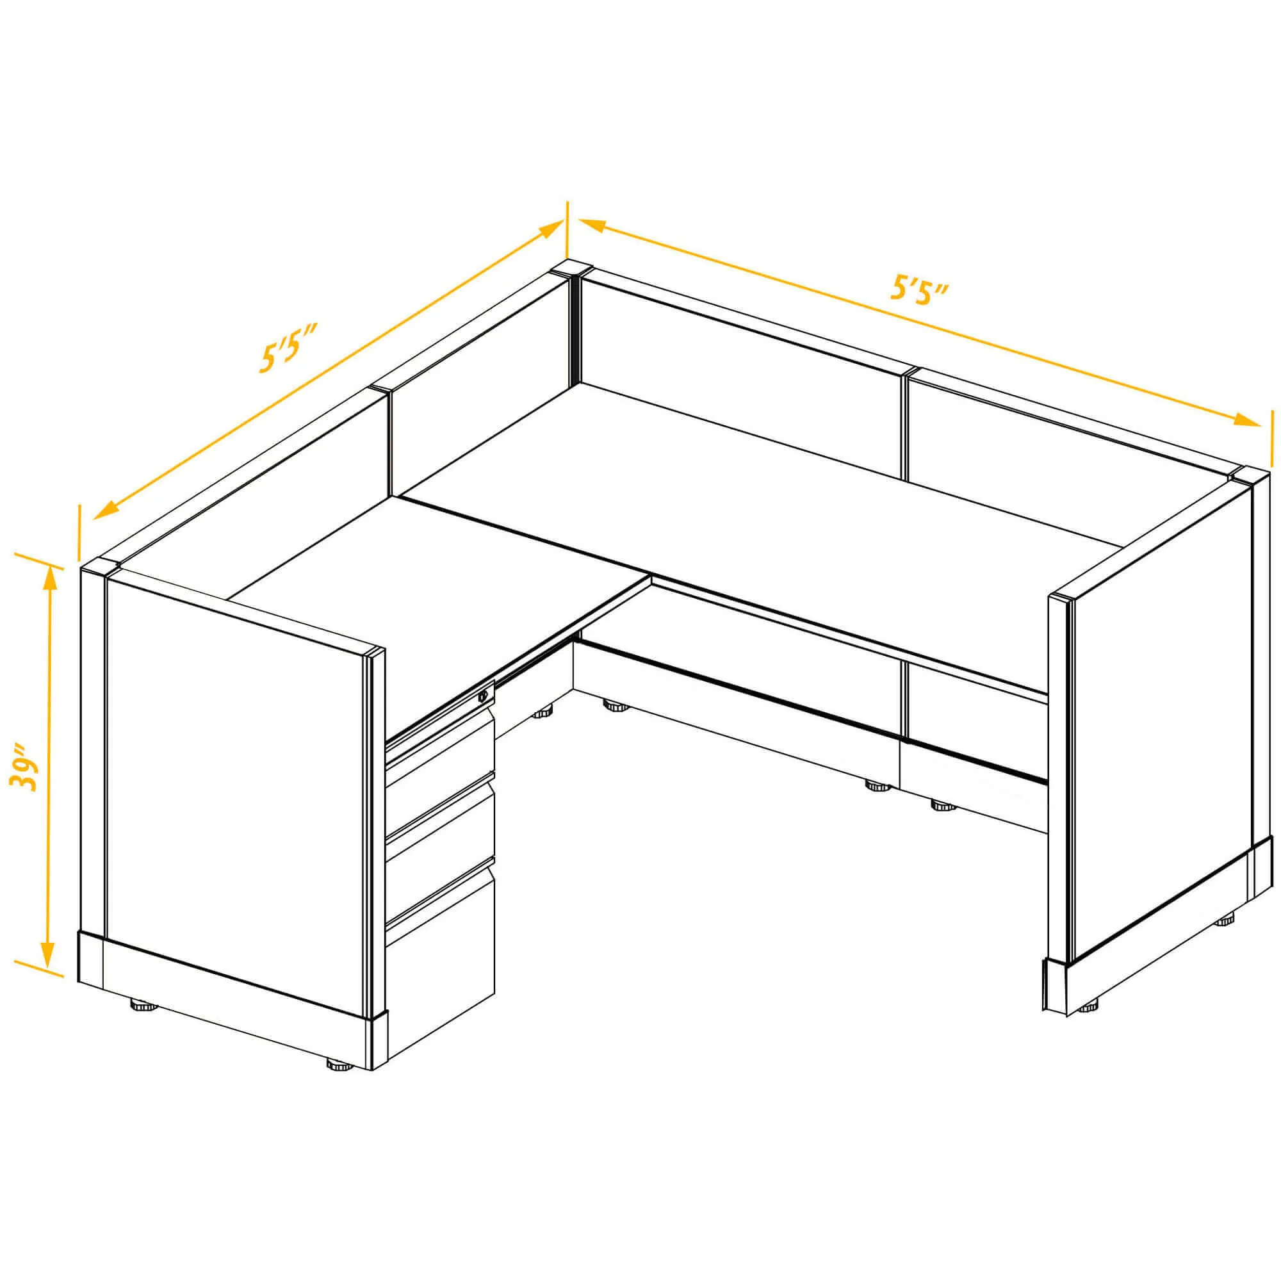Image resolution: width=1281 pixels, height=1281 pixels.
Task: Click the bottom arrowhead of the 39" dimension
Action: coord(48,972)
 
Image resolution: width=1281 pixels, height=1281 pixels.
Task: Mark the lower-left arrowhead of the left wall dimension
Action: coord(107,510)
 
